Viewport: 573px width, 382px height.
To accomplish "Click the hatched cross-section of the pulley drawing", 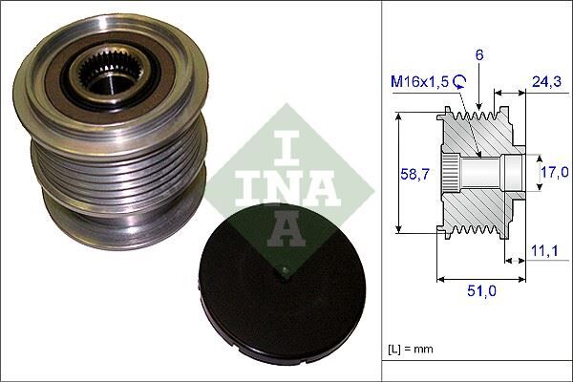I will point(477,205).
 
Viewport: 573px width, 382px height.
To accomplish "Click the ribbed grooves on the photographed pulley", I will point(115,177).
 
